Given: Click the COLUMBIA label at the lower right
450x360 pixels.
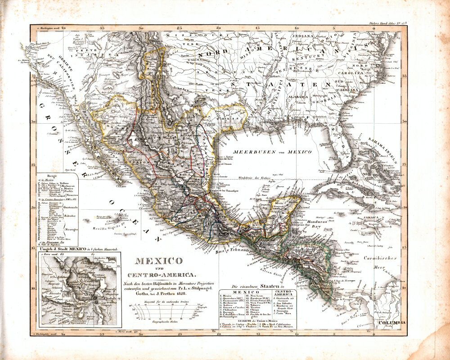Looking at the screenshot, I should coord(391,323).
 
